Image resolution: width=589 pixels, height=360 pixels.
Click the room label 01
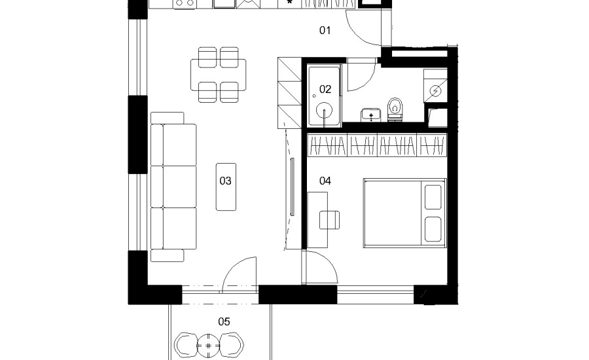click(325, 30)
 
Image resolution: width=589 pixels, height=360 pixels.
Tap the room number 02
click(325, 89)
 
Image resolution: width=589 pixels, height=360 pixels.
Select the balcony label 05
click(224, 321)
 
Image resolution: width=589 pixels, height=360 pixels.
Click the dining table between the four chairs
click(219, 73)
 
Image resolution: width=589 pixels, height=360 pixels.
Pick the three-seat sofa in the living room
click(173, 187)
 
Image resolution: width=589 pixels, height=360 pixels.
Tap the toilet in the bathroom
click(395, 109)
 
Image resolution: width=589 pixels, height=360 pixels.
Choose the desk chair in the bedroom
click(330, 220)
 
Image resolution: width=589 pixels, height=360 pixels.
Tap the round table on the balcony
click(209, 344)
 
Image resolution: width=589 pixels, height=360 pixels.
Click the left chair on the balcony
click(186, 344)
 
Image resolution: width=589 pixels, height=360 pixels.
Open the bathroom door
click(359, 75)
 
